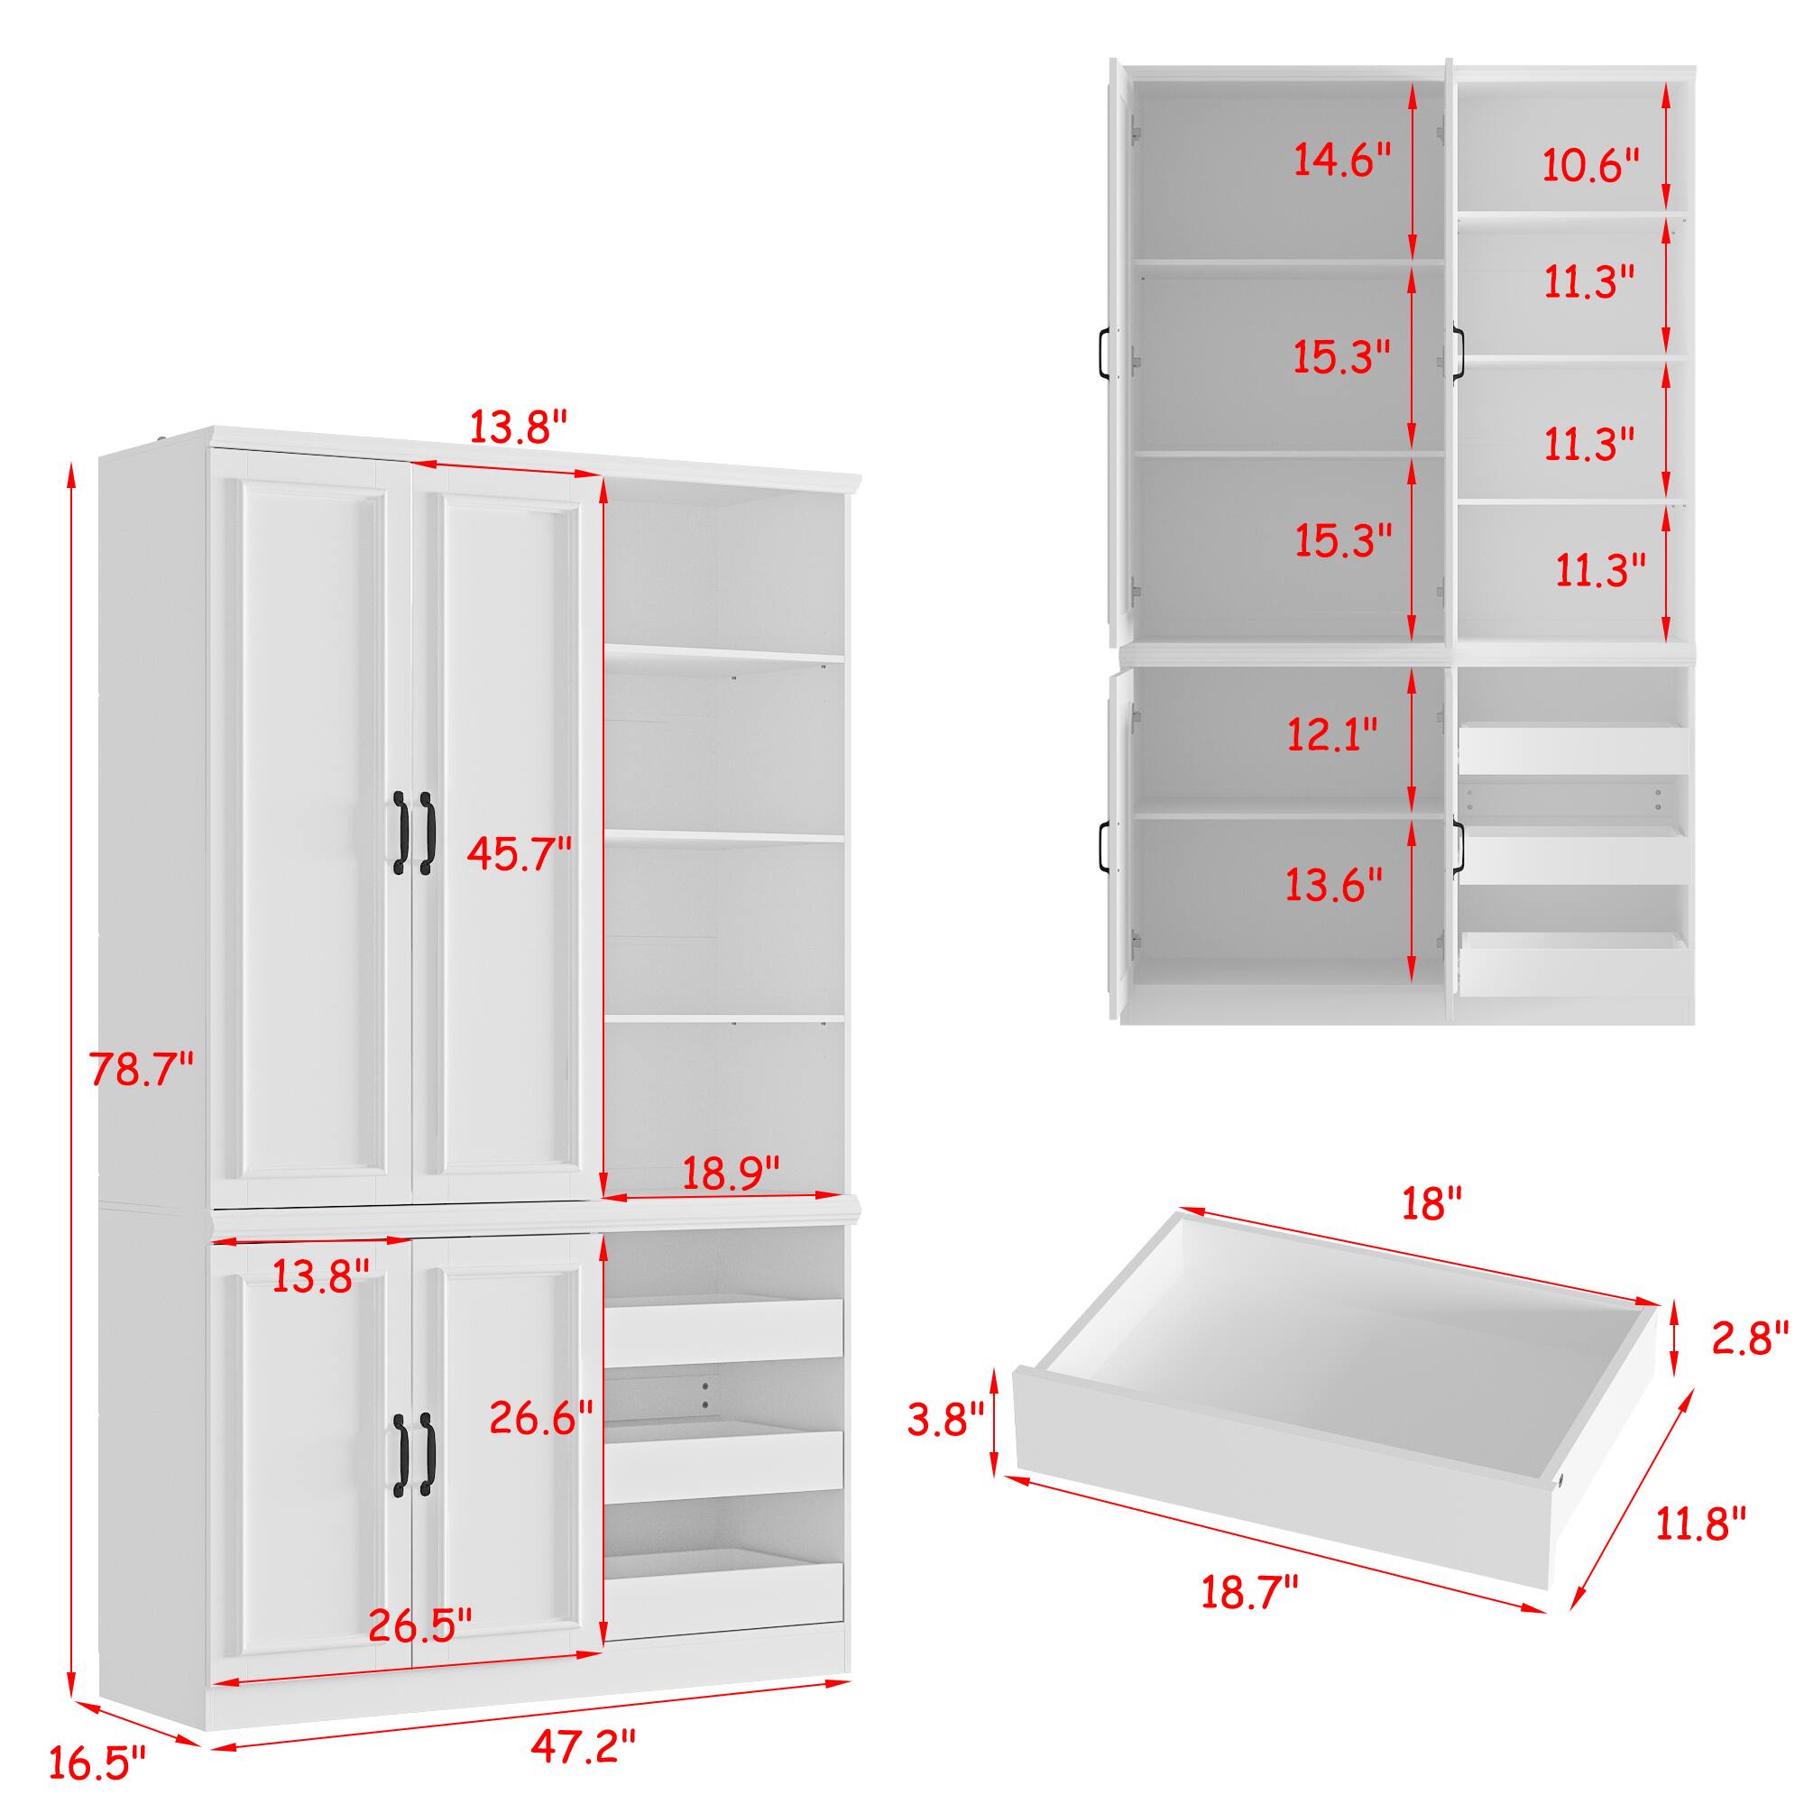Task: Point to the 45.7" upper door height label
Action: click(520, 853)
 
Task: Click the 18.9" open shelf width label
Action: click(731, 1174)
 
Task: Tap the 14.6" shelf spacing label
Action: click(1342, 160)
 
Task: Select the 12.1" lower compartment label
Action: click(1332, 734)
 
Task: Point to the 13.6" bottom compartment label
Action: click(1333, 884)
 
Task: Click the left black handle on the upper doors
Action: click(400, 833)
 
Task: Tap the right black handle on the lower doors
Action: click(427, 1453)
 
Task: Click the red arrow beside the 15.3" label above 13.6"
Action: click(1413, 548)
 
